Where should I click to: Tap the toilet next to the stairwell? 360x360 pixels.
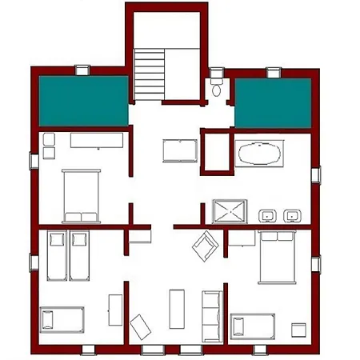(x=217, y=87)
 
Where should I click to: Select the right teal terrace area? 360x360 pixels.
(x=273, y=102)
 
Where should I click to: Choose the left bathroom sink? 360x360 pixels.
(x=268, y=214)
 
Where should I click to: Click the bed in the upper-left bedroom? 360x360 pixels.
(x=80, y=194)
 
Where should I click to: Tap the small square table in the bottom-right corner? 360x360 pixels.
(x=299, y=330)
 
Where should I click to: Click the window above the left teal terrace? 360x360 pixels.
(x=82, y=70)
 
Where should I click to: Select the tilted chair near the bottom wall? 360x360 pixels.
(x=142, y=327)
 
